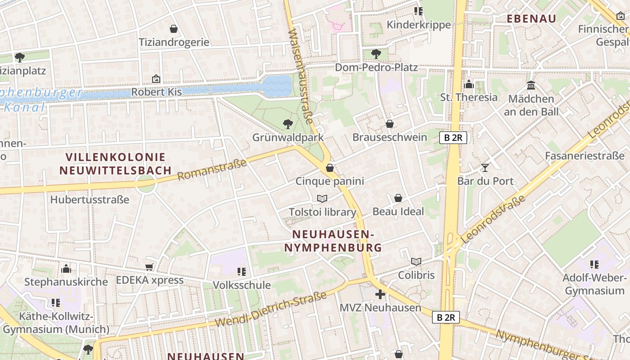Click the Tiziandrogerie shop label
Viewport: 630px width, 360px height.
click(174, 42)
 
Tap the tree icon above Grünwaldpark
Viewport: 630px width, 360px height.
click(288, 124)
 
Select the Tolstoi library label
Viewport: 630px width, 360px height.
click(322, 212)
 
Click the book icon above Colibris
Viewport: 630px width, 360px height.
click(416, 261)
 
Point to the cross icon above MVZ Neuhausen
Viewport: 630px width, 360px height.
click(380, 295)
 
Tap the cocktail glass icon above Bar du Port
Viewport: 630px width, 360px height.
click(485, 168)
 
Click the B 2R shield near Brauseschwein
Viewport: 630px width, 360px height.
click(453, 138)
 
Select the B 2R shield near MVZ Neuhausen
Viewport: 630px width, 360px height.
click(446, 317)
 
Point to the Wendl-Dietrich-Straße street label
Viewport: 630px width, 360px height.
click(270, 310)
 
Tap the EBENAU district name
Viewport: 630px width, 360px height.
click(531, 18)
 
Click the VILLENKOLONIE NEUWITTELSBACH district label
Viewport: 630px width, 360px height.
click(116, 164)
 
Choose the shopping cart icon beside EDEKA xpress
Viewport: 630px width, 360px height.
click(149, 267)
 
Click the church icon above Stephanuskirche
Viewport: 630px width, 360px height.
click(67, 269)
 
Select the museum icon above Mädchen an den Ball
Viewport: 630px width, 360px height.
click(531, 85)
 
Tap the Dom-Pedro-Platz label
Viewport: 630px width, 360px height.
click(376, 67)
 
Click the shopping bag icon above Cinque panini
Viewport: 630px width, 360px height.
click(330, 168)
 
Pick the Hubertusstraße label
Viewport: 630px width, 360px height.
click(90, 199)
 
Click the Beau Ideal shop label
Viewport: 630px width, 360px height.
click(398, 211)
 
